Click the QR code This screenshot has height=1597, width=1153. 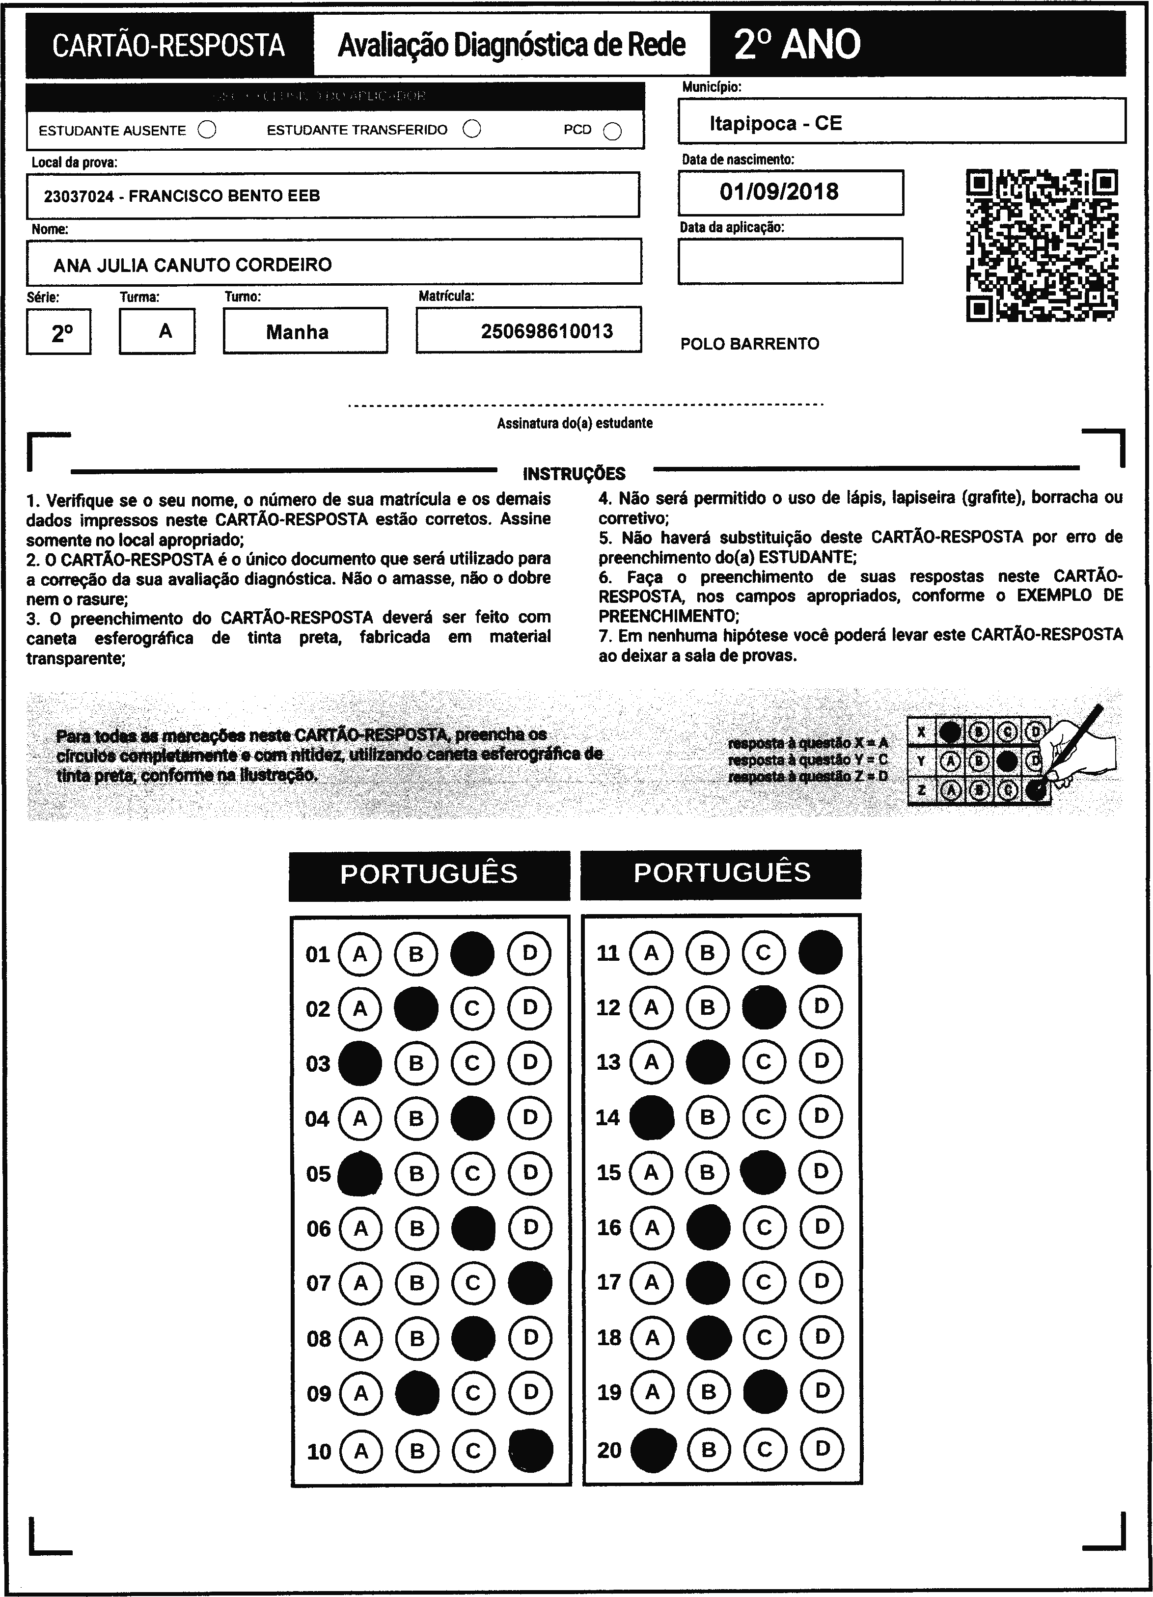point(1042,245)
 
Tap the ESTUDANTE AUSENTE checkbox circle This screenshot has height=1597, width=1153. point(207,130)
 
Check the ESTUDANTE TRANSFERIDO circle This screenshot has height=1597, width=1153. point(472,130)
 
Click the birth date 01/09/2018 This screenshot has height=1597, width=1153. point(779,191)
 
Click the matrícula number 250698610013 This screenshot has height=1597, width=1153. point(547,331)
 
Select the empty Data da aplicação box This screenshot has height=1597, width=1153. point(790,261)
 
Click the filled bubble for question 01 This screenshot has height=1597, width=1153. point(472,953)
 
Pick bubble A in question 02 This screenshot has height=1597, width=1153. point(360,1009)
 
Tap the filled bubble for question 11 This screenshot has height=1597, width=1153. point(821,952)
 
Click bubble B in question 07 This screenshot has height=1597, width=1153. point(416,1283)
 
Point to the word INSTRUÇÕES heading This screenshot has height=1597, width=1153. point(574,473)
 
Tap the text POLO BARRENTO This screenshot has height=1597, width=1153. point(749,344)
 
